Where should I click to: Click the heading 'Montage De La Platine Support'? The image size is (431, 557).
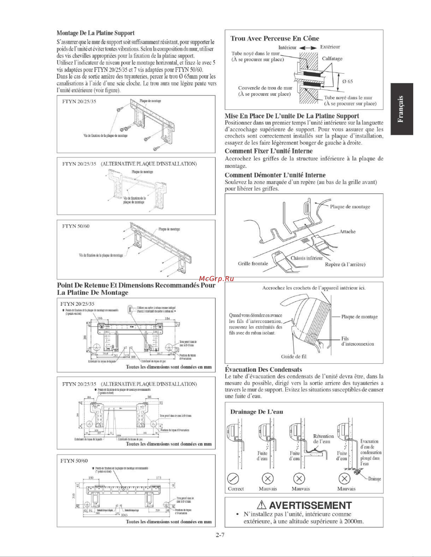tap(96, 33)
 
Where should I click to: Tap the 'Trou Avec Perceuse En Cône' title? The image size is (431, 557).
tap(275, 38)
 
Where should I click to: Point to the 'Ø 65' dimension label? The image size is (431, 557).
tap(348, 82)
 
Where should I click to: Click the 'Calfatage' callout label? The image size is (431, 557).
tap(332, 59)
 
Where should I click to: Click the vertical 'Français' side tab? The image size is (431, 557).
tap(401, 109)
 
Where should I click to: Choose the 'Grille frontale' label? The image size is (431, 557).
tap(253, 263)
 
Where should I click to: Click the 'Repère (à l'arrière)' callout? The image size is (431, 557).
tap(345, 265)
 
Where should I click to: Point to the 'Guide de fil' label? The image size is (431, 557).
tap(294, 357)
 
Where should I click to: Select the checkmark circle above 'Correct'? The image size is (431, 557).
tap(233, 479)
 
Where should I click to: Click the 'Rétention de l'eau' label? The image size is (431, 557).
tap(323, 439)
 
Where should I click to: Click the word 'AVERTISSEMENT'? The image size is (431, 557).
tap(310, 505)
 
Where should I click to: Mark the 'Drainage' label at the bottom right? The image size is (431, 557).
tap(374, 479)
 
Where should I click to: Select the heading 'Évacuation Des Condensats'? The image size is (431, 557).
tap(263, 370)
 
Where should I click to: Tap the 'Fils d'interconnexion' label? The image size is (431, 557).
tap(357, 341)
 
